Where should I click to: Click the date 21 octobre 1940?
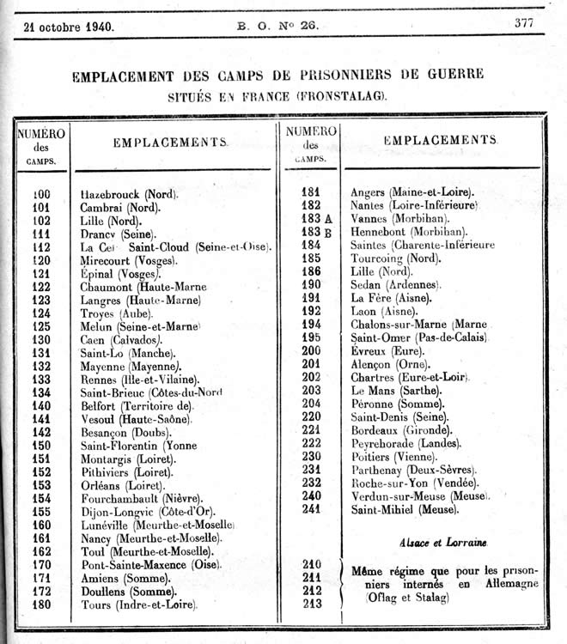click(x=70, y=26)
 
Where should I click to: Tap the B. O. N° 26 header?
click(x=277, y=25)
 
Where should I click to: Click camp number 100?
click(x=41, y=194)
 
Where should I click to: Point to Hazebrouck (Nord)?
click(x=129, y=194)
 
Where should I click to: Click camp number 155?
click(x=41, y=512)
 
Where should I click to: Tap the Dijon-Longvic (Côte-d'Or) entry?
click(x=140, y=512)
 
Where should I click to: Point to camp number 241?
click(x=310, y=509)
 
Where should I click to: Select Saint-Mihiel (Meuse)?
click(x=405, y=509)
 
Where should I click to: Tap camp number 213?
click(x=312, y=604)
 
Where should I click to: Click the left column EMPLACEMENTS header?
click(x=170, y=143)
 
